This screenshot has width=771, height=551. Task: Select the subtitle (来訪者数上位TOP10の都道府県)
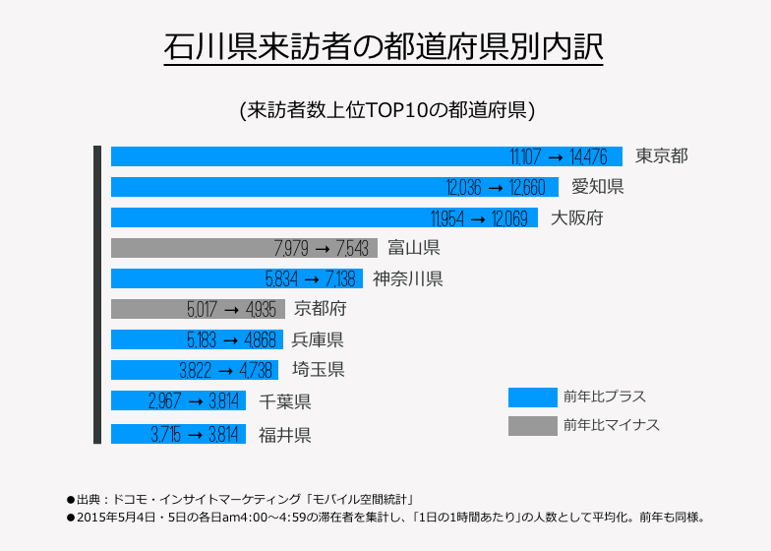click(386, 109)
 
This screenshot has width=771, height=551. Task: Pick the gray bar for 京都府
click(148, 310)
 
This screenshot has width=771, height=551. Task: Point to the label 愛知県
click(598, 187)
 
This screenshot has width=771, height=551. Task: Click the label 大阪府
click(576, 217)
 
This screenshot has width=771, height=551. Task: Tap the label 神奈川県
click(407, 278)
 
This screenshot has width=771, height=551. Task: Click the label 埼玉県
click(318, 371)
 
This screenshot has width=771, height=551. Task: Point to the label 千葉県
click(285, 401)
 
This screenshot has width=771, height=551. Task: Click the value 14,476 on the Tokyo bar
click(596, 156)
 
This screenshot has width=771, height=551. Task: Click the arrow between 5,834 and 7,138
click(310, 279)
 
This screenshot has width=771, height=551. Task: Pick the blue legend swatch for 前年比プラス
click(532, 398)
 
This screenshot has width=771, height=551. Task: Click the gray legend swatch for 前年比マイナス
click(532, 425)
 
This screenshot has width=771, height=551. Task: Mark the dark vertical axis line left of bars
click(97, 295)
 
